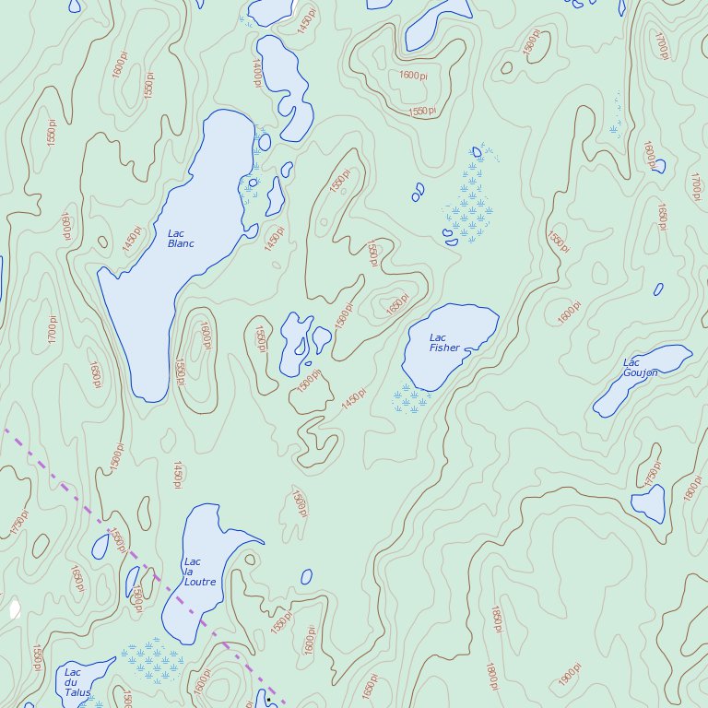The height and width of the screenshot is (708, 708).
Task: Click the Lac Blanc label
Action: pos(181,238)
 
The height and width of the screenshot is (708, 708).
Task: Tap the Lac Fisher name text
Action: pos(444,343)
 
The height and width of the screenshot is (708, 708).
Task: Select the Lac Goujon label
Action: pos(640,368)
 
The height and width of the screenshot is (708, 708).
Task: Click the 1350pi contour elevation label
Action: pos(558,242)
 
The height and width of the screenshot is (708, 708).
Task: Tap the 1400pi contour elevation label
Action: pos(257,70)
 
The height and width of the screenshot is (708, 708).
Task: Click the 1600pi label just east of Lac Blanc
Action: pos(206,336)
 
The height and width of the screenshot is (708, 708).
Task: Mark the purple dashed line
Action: pos(138,562)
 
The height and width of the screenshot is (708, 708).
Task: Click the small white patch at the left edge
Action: pos(15,609)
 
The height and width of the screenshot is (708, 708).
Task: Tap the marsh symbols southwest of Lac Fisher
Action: pos(409,399)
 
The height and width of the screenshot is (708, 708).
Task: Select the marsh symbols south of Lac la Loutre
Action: pos(152,657)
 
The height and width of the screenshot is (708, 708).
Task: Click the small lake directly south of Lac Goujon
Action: pos(649,503)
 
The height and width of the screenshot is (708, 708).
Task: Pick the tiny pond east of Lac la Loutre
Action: pos(306,577)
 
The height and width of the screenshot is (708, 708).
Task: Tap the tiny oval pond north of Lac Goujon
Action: pos(658,289)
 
